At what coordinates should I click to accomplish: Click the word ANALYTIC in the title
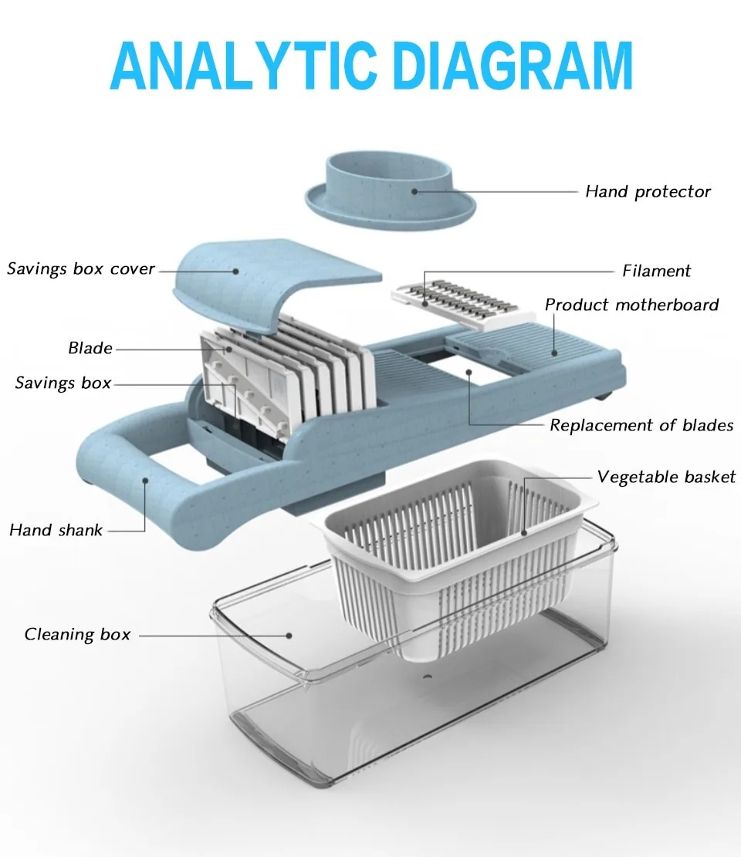pos(244,66)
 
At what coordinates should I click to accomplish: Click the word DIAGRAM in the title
pos(513,66)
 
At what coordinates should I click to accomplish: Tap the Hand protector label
pos(648,192)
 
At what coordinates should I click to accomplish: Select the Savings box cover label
pos(81,269)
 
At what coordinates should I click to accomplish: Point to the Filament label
pos(656,271)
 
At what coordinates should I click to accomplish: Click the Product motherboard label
pos(631,305)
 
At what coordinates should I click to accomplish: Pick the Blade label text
pos(90,348)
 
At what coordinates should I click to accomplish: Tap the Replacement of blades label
pos(641,425)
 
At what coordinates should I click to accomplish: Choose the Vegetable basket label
pos(666,477)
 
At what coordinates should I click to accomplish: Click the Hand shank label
pos(56,530)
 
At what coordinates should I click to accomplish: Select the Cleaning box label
pos(78,634)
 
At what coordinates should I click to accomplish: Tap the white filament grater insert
pos(462,305)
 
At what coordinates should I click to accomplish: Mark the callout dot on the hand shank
pos(146,481)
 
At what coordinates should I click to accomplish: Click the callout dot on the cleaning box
pos(289,636)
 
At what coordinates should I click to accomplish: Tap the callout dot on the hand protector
pos(414,192)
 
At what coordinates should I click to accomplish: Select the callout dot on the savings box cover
pos(235,271)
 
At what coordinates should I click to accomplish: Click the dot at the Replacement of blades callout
pos(469,373)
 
